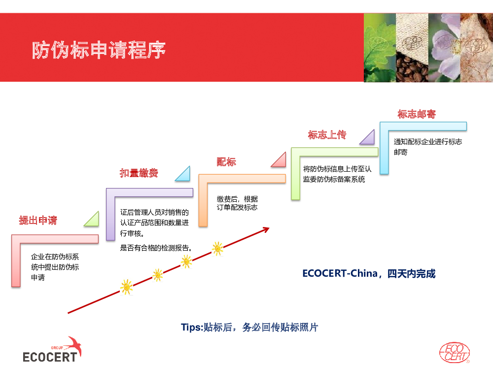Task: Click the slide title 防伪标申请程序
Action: [x=99, y=50]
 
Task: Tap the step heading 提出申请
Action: [x=38, y=220]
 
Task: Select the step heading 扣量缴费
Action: [x=139, y=173]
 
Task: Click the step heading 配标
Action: [x=226, y=162]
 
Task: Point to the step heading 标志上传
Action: [x=327, y=135]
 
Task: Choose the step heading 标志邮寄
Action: [x=417, y=114]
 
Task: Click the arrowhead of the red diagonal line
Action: [x=267, y=229]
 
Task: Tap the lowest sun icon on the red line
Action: [x=126, y=287]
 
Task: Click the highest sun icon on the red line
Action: [x=217, y=249]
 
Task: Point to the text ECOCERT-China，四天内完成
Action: [x=369, y=273]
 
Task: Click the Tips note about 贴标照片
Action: [x=249, y=327]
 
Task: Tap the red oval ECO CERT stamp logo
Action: [x=455, y=353]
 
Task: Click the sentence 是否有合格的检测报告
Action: [x=156, y=248]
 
